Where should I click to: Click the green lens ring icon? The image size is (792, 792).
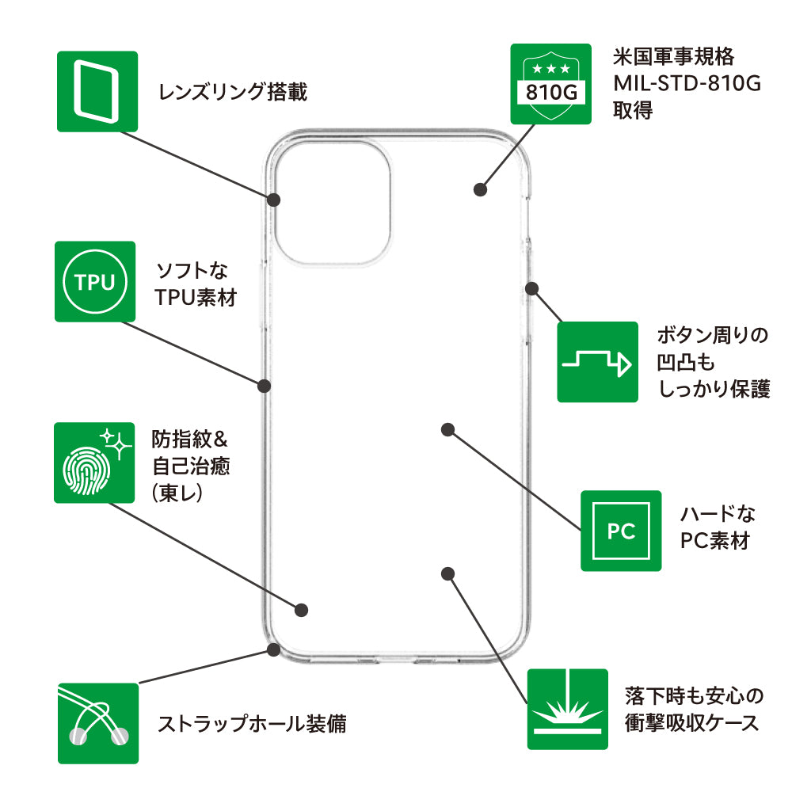97,91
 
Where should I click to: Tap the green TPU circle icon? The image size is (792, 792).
94,282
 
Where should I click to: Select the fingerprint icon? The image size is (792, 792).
93,463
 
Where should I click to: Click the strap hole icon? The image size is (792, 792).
97,723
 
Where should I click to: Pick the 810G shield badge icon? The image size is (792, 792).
550,84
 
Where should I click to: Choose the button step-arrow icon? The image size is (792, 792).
597,362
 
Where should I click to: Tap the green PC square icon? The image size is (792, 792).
621,531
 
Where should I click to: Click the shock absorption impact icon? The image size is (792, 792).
567,709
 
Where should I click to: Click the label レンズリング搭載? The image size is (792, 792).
232,93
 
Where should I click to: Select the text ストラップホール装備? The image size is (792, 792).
252,724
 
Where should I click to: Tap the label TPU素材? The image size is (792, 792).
196,299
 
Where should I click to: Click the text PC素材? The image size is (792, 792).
715,542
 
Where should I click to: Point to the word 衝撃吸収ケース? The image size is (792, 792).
691,722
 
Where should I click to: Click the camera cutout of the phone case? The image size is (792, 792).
332,203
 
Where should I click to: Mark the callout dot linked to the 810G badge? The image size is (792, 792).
479,189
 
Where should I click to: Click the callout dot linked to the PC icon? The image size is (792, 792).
447,429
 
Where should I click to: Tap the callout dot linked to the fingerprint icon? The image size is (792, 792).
301,610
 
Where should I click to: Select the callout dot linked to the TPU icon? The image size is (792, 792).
265,386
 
